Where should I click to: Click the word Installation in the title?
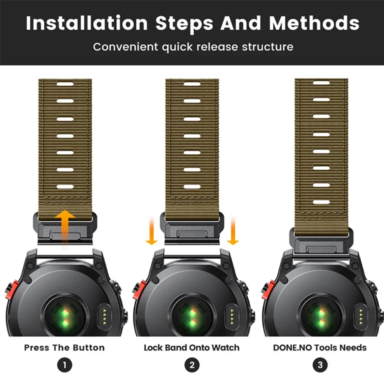pos(87,23)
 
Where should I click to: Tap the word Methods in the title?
pos(314,23)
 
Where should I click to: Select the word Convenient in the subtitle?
pos(126,47)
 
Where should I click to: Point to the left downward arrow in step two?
pos(152,230)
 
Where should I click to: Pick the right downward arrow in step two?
pos(233,230)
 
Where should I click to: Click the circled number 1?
pos(65,365)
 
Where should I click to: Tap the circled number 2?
pos(192,365)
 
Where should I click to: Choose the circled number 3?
pos(320,365)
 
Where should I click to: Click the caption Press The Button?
pos(65,348)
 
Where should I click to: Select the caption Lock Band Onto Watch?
pos(192,348)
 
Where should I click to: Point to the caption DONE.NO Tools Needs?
pos(320,348)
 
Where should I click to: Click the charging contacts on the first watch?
pos(104,317)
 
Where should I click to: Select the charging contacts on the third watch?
pos(361,317)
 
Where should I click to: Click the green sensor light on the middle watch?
pos(192,318)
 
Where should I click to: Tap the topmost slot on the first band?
pos(65,84)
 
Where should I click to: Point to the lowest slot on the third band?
pos(321,202)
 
